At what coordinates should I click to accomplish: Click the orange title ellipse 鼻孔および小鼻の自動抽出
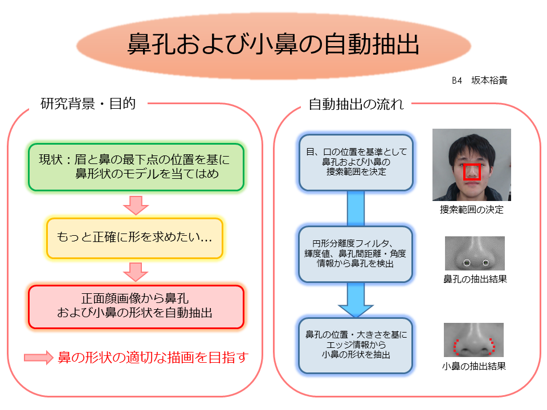(273, 46)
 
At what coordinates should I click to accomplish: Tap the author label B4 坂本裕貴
(479, 80)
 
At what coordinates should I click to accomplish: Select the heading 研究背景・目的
(88, 104)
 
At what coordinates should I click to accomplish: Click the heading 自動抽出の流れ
(356, 104)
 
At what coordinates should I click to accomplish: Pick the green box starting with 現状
(136, 167)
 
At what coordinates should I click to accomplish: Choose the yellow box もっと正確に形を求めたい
(134, 238)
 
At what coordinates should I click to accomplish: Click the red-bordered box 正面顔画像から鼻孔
(136, 307)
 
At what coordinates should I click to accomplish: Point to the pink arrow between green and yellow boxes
(136, 205)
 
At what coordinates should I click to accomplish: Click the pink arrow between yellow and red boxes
(136, 272)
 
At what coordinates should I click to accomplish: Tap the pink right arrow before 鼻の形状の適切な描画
(38, 358)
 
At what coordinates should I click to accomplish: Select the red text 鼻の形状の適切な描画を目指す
(153, 358)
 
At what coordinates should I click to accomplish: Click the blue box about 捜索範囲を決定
(356, 162)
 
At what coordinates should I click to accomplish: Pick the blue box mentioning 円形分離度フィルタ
(356, 254)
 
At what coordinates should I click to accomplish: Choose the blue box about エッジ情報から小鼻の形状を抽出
(356, 346)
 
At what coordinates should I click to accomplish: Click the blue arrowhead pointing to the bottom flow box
(356, 311)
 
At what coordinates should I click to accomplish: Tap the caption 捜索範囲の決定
(472, 210)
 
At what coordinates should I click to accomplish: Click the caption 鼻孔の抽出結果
(475, 279)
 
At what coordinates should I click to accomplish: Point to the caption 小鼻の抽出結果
(473, 366)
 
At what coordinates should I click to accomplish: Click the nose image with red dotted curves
(473, 339)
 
